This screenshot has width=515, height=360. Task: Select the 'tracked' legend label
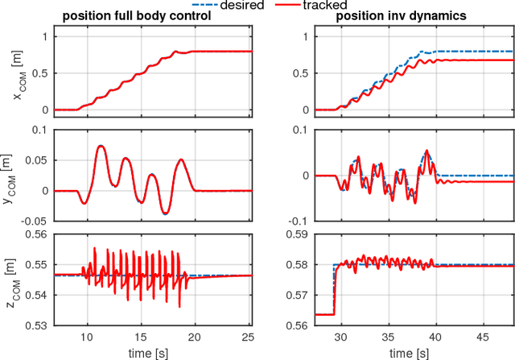click(332, 7)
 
